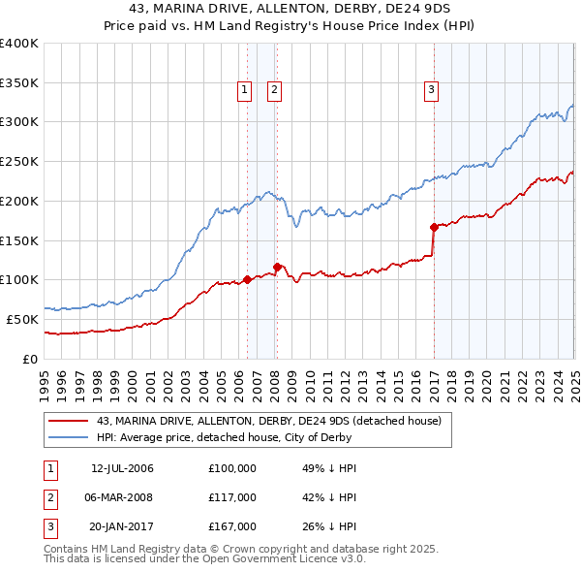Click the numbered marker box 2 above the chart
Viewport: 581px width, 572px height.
tap(275, 91)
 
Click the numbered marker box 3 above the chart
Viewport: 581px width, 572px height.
tap(431, 91)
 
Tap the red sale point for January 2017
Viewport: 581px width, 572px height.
tap(434, 227)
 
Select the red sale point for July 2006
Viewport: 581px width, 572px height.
tap(247, 279)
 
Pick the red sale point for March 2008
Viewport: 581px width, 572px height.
tap(276, 266)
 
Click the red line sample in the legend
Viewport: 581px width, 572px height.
tap(69, 421)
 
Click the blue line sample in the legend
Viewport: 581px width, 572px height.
tap(69, 437)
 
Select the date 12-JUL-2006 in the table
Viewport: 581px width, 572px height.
tap(122, 468)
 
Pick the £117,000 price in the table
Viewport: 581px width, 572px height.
tap(232, 497)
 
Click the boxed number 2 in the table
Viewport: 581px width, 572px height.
tap(50, 497)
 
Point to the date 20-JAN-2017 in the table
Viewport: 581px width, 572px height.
tap(122, 526)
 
